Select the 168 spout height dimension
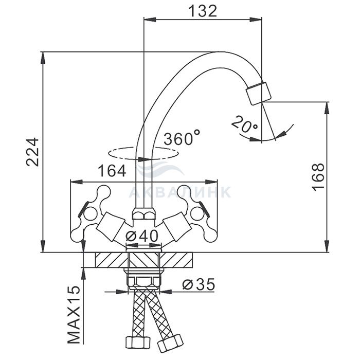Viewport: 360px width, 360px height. (x=318, y=177)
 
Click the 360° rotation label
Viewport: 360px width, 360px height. (x=182, y=138)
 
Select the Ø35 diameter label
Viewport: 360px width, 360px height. (x=199, y=283)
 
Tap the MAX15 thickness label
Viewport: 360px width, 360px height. (x=75, y=315)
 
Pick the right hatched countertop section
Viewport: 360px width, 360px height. (x=179, y=260)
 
